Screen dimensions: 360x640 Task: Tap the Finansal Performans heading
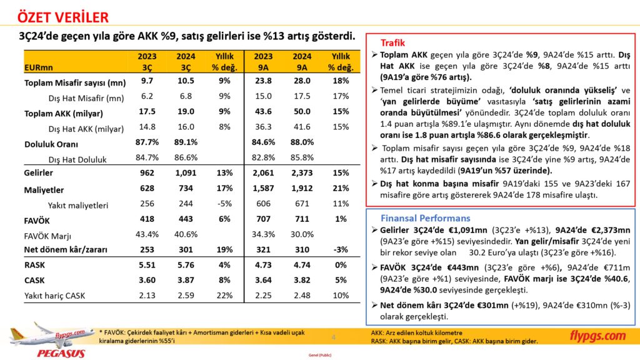pyautogui.click(x=425, y=218)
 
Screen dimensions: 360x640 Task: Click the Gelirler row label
pyautogui.click(x=39, y=172)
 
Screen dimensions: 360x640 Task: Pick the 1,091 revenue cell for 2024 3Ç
pyautogui.click(x=186, y=172)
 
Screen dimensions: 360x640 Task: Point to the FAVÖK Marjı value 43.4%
pyautogui.click(x=147, y=234)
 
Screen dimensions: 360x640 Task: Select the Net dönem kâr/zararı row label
pyautogui.click(x=65, y=250)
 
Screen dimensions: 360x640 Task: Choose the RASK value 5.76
pyautogui.click(x=186, y=265)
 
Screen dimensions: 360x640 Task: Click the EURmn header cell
pyautogui.click(x=39, y=67)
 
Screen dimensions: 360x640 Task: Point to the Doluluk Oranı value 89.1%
pyautogui.click(x=186, y=143)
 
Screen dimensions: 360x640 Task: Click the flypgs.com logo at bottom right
pyautogui.click(x=597, y=336)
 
